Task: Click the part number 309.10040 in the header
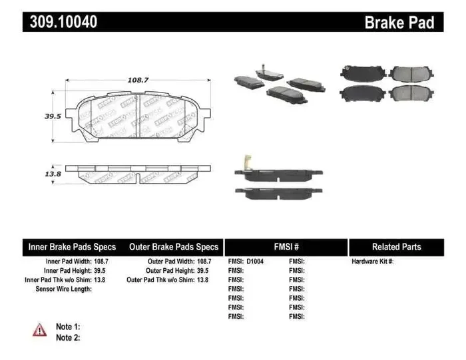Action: coord(63,22)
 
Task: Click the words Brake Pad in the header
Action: coord(399,23)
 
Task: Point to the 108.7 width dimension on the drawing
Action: coord(137,80)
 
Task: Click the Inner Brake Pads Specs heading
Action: coord(72,247)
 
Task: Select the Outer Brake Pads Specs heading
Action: coord(174,247)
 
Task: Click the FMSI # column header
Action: coord(286,247)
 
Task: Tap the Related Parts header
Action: coord(396,247)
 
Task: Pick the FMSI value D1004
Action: coord(255,262)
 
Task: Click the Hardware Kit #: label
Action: coord(373,262)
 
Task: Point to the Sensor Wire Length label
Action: coord(63,289)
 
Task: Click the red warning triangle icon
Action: coord(40,329)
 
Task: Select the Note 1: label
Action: coord(68,327)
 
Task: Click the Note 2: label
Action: coord(68,337)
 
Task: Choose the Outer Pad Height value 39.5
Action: coord(202,271)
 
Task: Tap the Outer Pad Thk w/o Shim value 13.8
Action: coord(202,280)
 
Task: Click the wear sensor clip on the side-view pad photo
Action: coord(245,162)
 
